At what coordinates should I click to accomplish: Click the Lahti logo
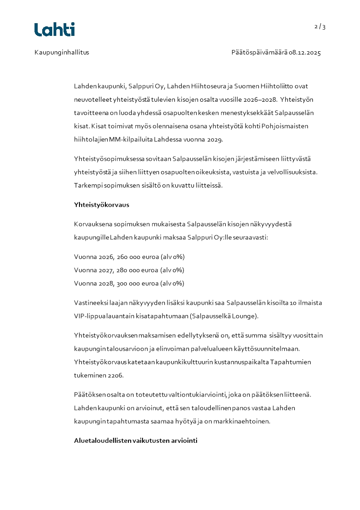click(54, 30)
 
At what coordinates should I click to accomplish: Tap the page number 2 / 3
click(320, 27)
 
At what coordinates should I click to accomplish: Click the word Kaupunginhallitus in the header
click(62, 53)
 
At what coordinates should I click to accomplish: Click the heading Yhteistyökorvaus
click(102, 205)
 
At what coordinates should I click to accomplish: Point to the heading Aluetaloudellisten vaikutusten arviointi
click(136, 441)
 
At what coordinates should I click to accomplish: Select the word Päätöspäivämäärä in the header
click(259, 53)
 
